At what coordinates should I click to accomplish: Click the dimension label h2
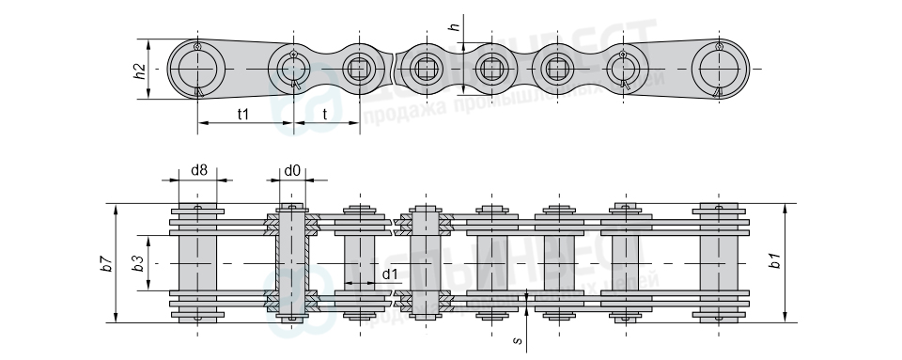tap(139, 70)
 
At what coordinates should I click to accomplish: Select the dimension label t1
tap(242, 114)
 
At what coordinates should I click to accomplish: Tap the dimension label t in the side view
tap(325, 114)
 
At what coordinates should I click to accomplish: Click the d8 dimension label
tap(198, 170)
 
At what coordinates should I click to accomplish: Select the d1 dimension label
tap(390, 273)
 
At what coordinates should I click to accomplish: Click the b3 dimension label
tap(137, 263)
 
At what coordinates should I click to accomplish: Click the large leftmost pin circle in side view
tap(197, 70)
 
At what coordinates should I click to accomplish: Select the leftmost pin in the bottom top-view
tap(197, 263)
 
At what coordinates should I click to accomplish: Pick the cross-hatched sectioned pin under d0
tap(293, 263)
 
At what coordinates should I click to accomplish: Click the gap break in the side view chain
tap(395, 69)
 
